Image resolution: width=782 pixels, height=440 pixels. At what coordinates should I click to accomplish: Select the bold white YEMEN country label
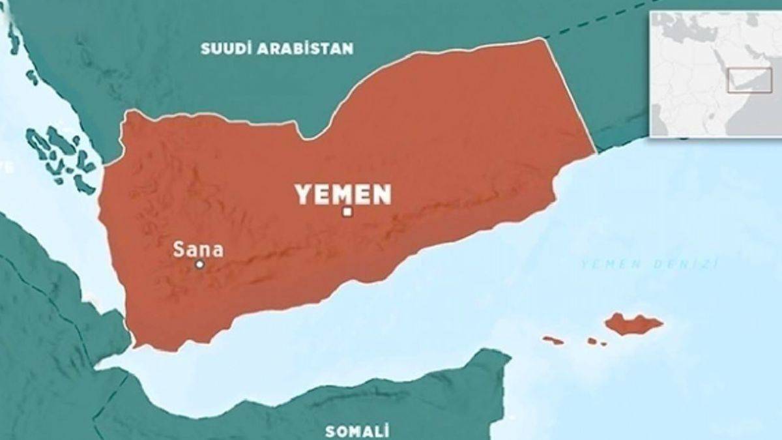coord(343,194)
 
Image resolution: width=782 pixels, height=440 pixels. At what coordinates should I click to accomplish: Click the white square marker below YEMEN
coord(347,211)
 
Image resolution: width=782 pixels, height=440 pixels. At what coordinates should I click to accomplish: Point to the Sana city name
coord(198,249)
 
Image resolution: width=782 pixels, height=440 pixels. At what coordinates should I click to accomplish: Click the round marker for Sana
coord(200,265)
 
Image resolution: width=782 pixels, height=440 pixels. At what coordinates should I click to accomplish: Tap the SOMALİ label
coord(357,431)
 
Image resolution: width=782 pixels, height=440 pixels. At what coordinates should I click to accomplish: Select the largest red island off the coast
coord(633,323)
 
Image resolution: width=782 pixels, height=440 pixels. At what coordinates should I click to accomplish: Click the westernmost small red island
coord(553,340)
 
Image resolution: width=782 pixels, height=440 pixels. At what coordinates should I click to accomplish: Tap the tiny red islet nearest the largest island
coord(593,341)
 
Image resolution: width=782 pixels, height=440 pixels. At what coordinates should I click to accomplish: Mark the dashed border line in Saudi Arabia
coord(586,26)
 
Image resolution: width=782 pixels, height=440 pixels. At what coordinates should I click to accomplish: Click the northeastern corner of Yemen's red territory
coord(543,39)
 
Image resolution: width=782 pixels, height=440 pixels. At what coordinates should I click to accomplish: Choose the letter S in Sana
coord(177,249)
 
